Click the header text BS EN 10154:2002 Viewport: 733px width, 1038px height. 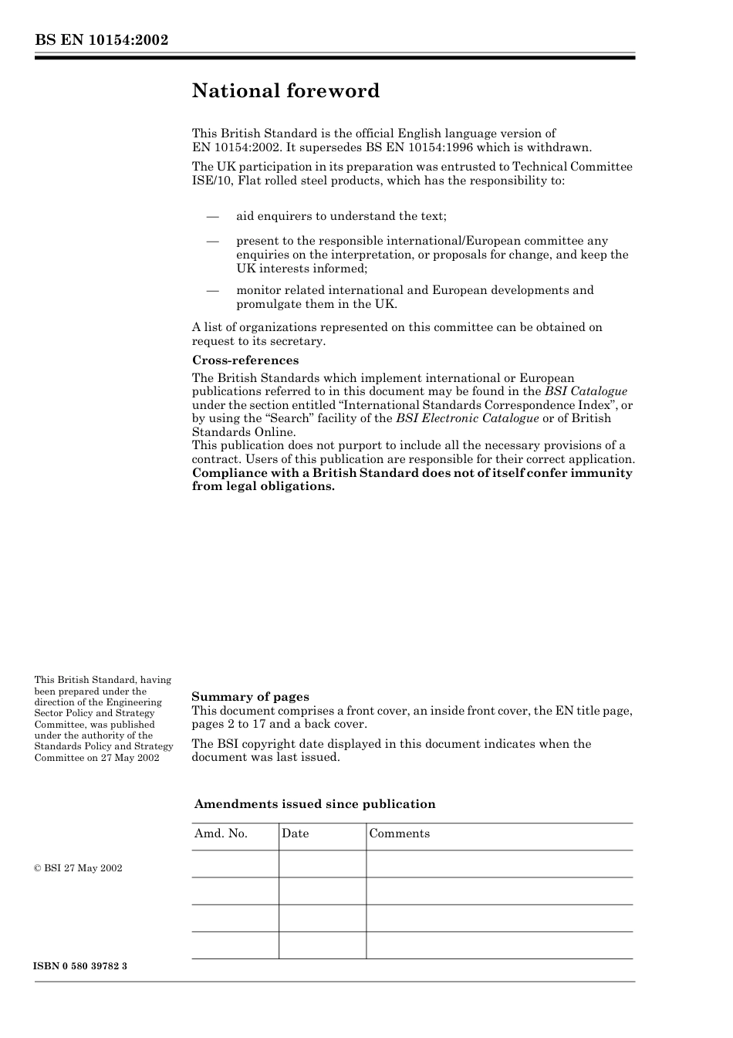pos(101,40)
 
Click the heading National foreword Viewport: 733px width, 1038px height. pos(285,91)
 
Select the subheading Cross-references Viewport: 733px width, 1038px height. pos(245,360)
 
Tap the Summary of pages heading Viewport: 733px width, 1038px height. pos(250,697)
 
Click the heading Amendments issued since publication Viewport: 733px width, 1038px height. pos(315,804)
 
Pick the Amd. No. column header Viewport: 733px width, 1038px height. pos(221,833)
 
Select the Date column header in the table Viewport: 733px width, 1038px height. pos(295,833)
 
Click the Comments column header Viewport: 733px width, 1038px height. pos(399,833)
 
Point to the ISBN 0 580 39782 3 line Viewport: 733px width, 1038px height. pos(81,966)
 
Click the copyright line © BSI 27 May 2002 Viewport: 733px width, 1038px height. pos(78,868)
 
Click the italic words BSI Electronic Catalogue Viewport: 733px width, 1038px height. pos(467,418)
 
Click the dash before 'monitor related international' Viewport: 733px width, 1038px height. pos(212,290)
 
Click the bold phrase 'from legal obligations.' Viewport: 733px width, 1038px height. pos(263,487)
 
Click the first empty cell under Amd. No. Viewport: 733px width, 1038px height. pos(235,864)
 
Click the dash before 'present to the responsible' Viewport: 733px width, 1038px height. pos(212,241)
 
